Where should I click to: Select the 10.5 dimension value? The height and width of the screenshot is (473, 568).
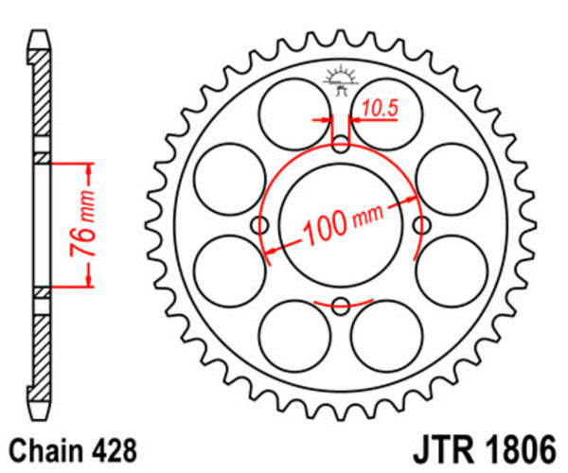(x=378, y=109)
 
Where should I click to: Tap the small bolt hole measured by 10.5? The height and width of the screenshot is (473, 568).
(x=343, y=144)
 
